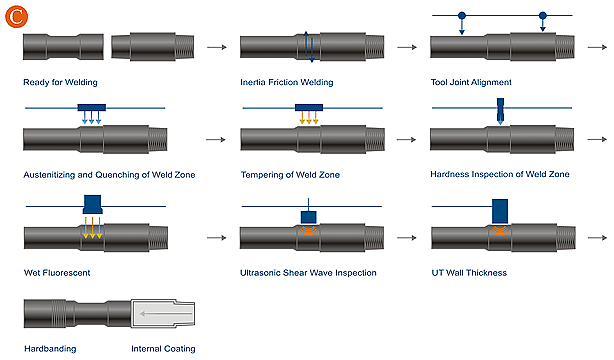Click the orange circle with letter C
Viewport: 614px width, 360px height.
(16, 16)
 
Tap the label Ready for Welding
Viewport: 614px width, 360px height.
(60, 82)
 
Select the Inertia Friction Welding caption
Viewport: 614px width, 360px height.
(287, 82)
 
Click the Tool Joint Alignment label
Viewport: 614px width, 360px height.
(471, 82)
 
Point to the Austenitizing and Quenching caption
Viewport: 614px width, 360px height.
(109, 175)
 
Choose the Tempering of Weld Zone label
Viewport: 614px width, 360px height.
(290, 175)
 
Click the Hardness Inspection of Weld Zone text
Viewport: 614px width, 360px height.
(500, 174)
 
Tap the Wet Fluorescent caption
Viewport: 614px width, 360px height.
(57, 273)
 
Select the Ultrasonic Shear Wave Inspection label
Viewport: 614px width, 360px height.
(308, 273)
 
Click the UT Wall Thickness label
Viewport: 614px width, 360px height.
(469, 273)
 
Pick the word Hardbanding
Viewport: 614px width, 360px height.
(50, 349)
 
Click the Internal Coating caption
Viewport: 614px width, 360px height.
(163, 349)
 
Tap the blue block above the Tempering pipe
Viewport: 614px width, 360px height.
(309, 108)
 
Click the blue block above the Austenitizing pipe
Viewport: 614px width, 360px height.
(92, 108)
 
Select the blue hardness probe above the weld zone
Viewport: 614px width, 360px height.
(500, 110)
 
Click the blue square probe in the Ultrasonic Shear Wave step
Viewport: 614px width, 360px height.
(309, 217)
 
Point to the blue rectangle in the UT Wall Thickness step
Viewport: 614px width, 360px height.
(500, 212)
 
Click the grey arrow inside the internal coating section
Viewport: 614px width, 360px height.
(166, 313)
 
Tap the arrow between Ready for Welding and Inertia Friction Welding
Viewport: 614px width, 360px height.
(217, 47)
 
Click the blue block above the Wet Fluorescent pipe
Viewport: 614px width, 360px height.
(92, 204)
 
